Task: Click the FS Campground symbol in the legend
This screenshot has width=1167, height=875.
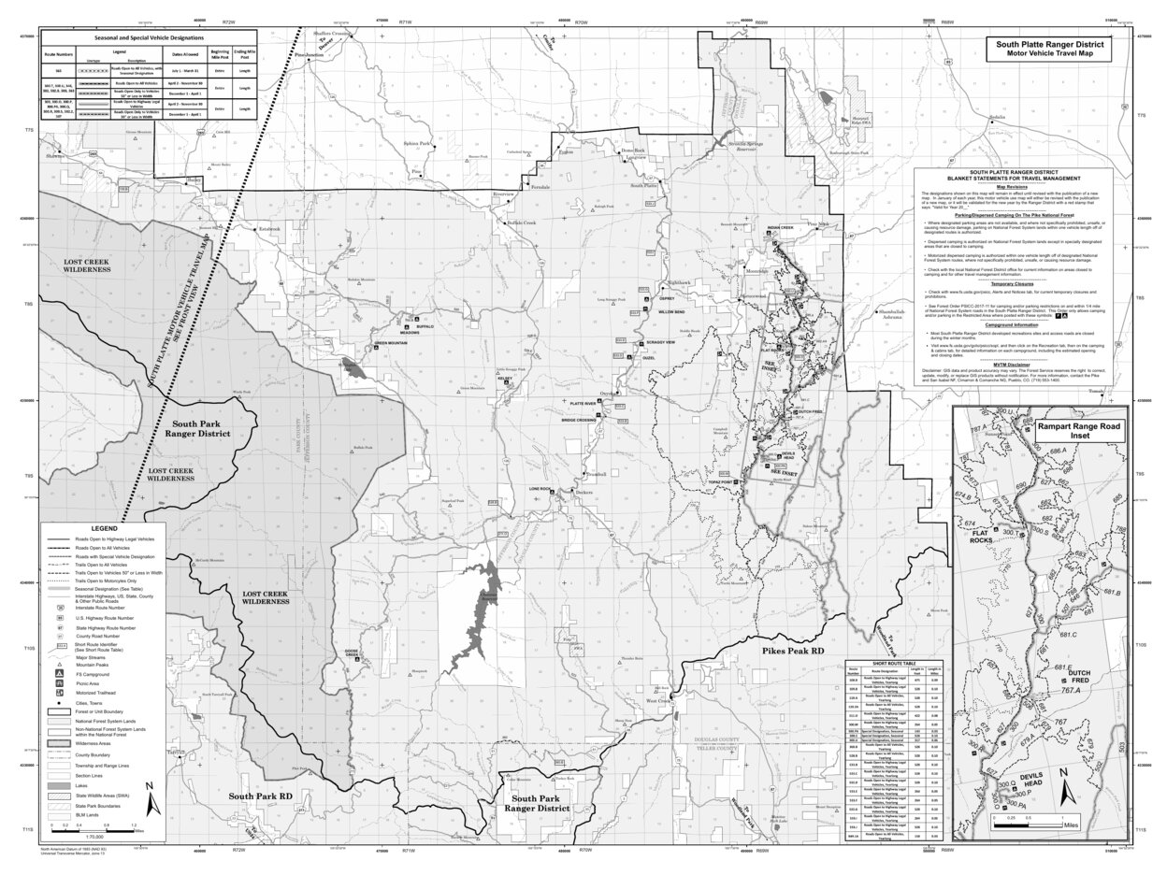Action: [x=61, y=672]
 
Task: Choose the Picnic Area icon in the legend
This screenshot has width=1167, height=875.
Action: [x=61, y=683]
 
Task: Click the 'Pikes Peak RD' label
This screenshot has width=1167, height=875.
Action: [x=790, y=650]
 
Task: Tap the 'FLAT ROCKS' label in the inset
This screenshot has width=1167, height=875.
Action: [x=981, y=535]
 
